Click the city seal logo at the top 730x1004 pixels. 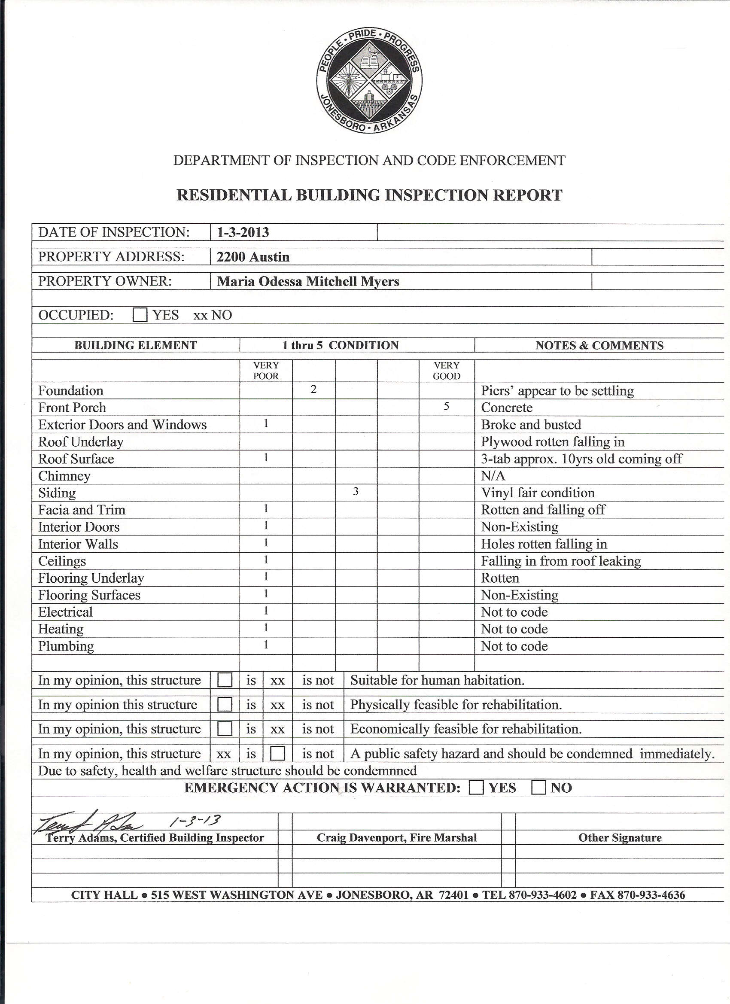click(369, 81)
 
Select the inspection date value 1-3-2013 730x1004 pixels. click(243, 232)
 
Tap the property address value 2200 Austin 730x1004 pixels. click(253, 257)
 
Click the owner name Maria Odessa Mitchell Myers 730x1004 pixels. click(307, 282)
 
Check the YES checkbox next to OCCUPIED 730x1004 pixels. click(140, 315)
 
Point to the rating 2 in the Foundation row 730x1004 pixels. click(313, 389)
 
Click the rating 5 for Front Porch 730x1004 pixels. click(446, 406)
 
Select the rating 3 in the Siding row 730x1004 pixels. click(356, 491)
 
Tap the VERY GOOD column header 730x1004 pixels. click(446, 371)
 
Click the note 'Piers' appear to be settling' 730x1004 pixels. click(557, 391)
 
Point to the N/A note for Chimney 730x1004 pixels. click(493, 476)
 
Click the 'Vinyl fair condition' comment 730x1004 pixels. click(538, 493)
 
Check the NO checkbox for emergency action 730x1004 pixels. click(538, 788)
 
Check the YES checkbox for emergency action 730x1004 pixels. click(476, 788)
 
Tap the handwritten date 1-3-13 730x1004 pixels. click(195, 821)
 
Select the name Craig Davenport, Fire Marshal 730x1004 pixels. click(397, 837)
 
